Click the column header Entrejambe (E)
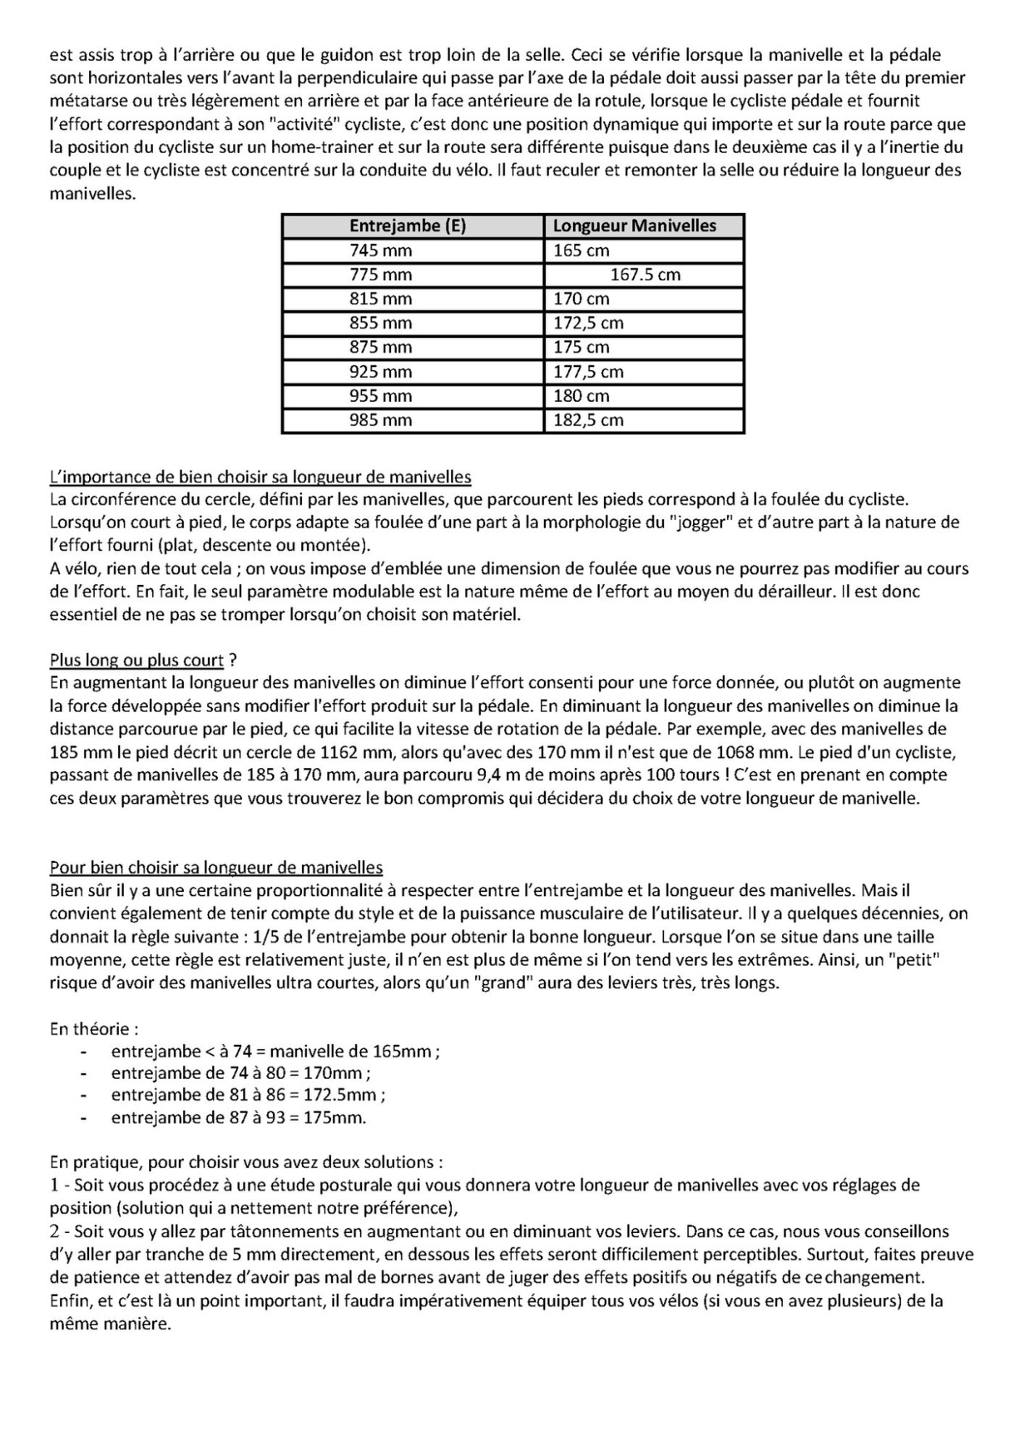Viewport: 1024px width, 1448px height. (x=408, y=226)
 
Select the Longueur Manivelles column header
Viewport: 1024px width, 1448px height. (x=634, y=226)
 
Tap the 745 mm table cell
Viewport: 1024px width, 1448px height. (x=381, y=251)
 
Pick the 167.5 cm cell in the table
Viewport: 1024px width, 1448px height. (x=645, y=274)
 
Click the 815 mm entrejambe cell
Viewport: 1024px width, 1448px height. (x=381, y=298)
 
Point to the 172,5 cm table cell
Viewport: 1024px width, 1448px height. (x=588, y=323)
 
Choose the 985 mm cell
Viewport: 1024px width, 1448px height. (x=381, y=420)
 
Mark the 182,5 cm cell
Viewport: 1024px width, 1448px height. (x=588, y=420)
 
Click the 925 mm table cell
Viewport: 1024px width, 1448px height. (x=381, y=371)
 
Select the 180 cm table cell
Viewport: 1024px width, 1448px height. (x=582, y=396)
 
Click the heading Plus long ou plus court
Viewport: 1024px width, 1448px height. (x=137, y=660)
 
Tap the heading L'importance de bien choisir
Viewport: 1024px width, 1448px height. (x=260, y=477)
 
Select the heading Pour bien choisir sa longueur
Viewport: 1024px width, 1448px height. (x=216, y=867)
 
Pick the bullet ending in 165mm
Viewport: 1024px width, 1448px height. (x=275, y=1051)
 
